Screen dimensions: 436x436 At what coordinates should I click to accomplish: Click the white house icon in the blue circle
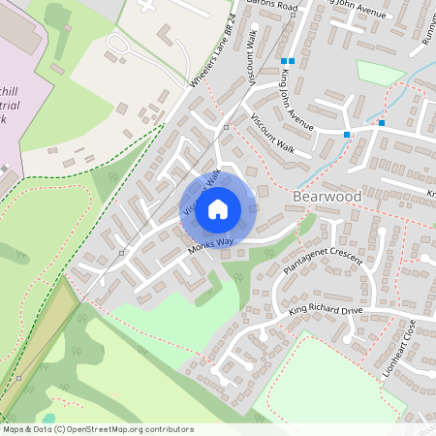click(x=218, y=208)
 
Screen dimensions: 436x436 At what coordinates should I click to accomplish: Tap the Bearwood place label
click(x=327, y=197)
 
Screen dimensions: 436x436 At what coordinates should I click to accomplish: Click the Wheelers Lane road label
click(x=214, y=64)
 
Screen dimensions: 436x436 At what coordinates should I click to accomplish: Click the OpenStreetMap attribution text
click(x=97, y=428)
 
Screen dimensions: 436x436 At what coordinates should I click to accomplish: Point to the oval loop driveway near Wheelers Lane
click(x=123, y=46)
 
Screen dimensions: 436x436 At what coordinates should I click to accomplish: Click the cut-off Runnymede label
click(x=426, y=34)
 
